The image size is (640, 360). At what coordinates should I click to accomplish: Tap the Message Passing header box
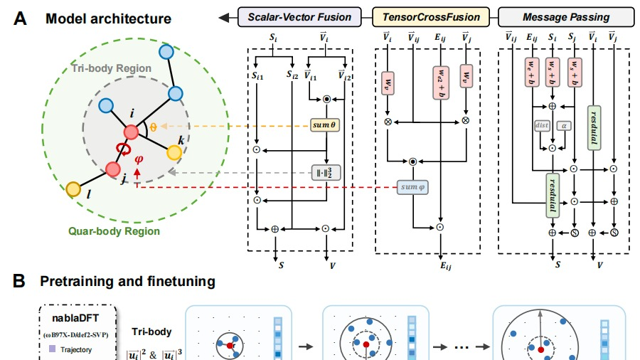coord(555,15)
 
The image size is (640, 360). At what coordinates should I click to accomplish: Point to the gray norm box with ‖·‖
coord(324,172)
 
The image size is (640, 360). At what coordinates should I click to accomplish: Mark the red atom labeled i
coord(132,132)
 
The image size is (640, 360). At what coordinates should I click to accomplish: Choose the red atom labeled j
coord(112,169)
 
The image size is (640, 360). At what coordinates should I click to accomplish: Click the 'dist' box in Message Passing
coord(541,126)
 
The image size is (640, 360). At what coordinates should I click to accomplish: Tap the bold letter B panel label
coord(21,282)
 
